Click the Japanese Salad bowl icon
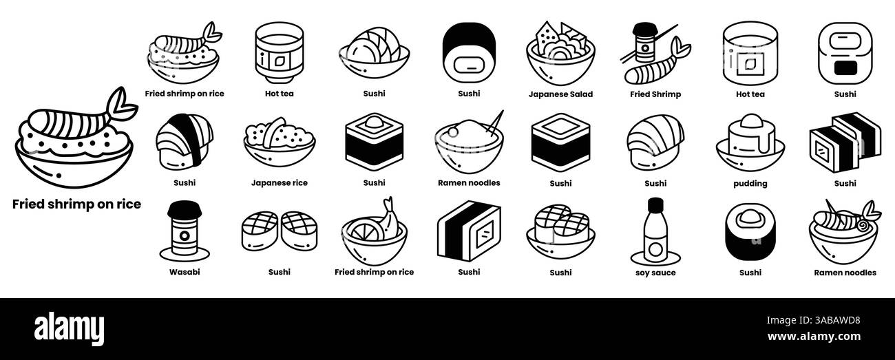point(560,53)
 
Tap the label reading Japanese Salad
point(560,94)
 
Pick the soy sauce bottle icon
point(655,231)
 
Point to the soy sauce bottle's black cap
point(655,204)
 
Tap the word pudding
point(750,184)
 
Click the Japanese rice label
point(280,183)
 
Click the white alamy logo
point(69,328)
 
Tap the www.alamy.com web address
point(814,337)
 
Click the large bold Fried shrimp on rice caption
point(76,204)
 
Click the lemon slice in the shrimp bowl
point(359,230)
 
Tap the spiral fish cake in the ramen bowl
point(862,226)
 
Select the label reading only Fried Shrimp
point(655,94)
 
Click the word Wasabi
point(185,272)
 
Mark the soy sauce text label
point(655,273)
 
